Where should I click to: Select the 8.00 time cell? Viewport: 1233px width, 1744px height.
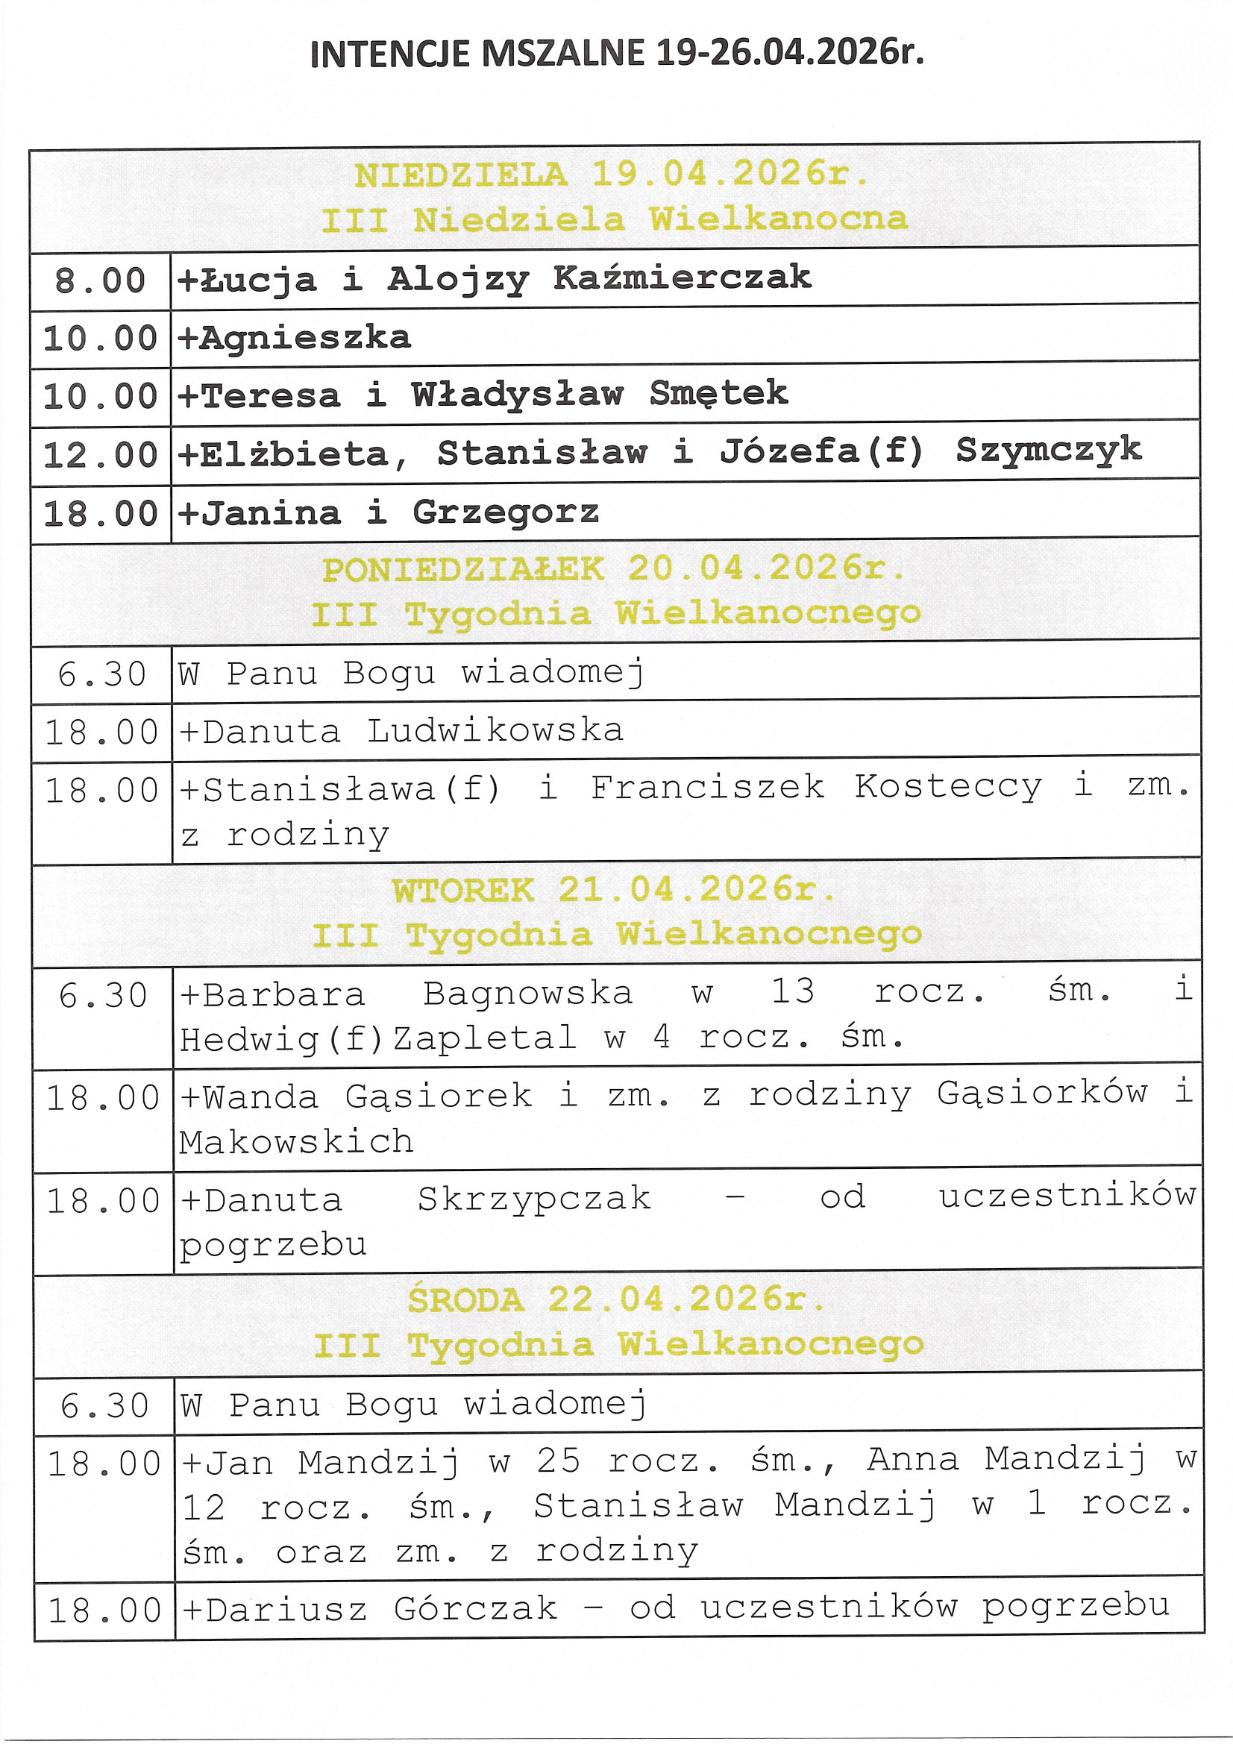pos(99,280)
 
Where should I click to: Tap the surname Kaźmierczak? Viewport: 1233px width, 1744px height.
pos(682,277)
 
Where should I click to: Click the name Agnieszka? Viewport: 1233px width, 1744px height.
pos(304,337)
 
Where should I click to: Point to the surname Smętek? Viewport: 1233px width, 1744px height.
pos(718,393)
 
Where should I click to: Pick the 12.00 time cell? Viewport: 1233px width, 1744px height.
pos(99,455)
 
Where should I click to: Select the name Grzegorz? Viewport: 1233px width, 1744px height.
pos(505,512)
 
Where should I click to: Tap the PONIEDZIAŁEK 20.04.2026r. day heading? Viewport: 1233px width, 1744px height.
pos(613,569)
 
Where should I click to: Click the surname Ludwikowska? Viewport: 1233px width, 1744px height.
pos(495,731)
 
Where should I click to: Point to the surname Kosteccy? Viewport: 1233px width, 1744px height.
pos(947,787)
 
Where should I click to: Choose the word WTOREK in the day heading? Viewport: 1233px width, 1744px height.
pos(462,890)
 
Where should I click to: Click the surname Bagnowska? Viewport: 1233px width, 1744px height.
pos(527,994)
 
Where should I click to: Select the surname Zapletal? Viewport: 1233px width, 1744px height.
pos(484,1038)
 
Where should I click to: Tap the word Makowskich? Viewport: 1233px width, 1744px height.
pos(296,1141)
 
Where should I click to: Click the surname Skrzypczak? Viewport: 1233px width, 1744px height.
pos(533,1199)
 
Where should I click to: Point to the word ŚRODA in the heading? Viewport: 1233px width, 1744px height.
pos(465,1300)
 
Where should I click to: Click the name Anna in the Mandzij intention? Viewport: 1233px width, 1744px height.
pos(912,1460)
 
